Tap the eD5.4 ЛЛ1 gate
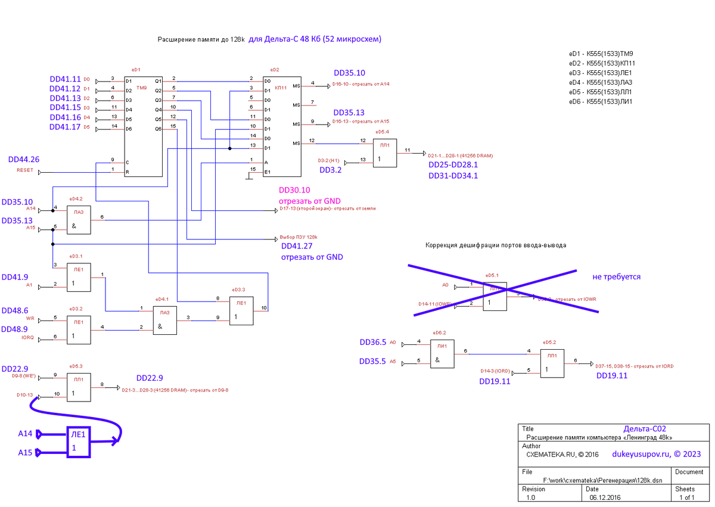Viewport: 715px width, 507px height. pos(384,153)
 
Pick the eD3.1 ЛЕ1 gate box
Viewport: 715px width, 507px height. pos(79,277)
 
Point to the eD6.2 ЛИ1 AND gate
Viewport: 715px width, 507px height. pos(442,354)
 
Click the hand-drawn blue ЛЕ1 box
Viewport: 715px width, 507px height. pos(78,443)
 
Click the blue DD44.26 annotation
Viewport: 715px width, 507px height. pos(24,160)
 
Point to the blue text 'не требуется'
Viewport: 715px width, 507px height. pos(616,277)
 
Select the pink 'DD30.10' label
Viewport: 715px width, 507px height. pos(295,191)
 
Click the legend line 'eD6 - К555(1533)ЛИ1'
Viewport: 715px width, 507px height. pos(600,101)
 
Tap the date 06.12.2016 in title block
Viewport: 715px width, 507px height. pos(605,497)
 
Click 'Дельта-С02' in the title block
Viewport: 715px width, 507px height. pos(645,429)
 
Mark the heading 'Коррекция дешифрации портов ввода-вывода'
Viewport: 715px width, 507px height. pos(496,245)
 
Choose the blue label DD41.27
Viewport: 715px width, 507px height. pos(297,246)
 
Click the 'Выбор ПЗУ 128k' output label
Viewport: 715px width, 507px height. pos(299,237)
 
